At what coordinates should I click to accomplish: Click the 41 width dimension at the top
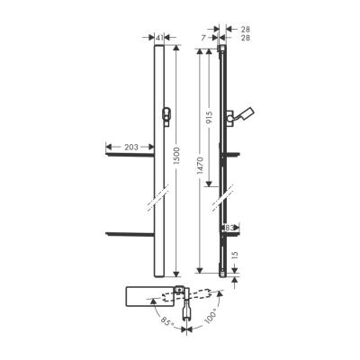159,38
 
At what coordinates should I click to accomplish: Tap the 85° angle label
164,320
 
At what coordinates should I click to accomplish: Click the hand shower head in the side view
244,112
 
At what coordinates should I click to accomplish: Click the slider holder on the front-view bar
165,114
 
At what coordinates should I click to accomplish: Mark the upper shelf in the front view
130,154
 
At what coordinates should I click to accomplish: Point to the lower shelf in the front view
130,234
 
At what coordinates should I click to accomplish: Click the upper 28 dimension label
246,29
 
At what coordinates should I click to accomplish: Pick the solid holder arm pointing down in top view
187,316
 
